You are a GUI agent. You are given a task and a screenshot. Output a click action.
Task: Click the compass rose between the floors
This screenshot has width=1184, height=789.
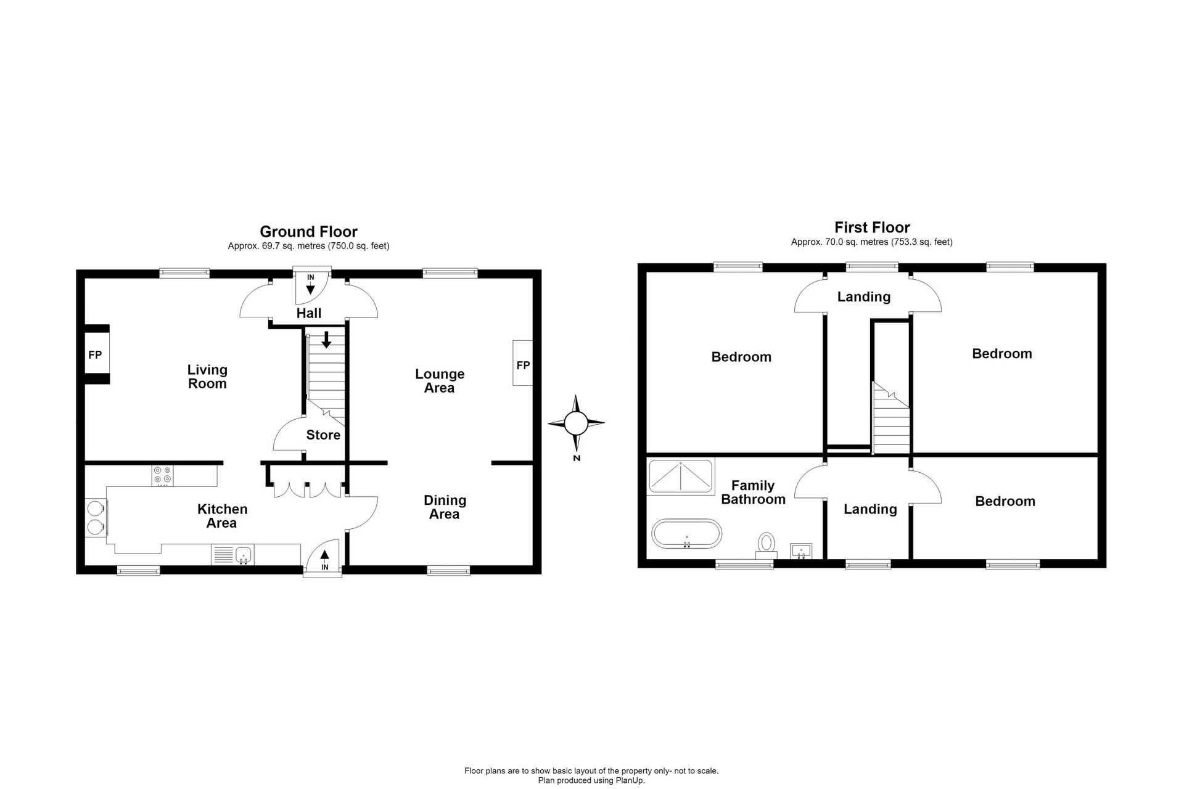click(576, 423)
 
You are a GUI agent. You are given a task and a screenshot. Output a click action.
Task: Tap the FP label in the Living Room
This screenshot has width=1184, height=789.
click(95, 355)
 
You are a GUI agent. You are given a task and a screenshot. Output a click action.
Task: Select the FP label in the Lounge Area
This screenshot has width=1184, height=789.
click(523, 366)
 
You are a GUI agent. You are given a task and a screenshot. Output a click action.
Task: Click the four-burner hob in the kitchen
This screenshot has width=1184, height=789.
click(163, 476)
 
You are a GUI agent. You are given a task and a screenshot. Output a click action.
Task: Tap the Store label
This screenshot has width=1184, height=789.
click(323, 435)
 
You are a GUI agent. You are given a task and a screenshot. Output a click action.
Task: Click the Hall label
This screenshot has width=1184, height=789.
click(309, 313)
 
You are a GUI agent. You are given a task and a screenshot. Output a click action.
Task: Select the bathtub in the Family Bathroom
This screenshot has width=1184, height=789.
click(686, 534)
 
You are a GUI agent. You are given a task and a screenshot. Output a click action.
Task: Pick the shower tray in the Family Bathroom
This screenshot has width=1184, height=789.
click(680, 476)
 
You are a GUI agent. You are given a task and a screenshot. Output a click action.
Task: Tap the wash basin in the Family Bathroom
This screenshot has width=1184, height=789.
click(802, 550)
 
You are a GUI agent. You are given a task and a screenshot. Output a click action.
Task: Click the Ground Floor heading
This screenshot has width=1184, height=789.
click(308, 232)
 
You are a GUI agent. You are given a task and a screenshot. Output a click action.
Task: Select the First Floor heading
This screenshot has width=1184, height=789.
click(872, 227)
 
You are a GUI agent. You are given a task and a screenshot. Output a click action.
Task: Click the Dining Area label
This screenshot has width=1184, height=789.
click(445, 507)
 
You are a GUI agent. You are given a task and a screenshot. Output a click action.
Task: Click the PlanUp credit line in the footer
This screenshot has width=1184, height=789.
click(591, 780)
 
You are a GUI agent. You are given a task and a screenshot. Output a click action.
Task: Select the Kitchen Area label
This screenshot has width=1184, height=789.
click(222, 516)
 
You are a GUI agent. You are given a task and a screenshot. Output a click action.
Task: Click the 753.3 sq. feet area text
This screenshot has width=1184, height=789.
click(921, 242)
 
